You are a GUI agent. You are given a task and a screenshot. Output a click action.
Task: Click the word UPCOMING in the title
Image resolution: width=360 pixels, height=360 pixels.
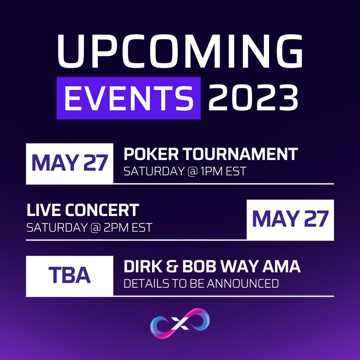180,51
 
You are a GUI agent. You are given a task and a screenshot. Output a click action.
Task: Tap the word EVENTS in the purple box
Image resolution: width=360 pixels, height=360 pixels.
129,98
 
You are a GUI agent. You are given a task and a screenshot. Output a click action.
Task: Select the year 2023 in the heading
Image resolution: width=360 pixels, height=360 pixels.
253,97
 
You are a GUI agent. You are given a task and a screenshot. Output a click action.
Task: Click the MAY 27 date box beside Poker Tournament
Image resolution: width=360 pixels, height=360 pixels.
69,164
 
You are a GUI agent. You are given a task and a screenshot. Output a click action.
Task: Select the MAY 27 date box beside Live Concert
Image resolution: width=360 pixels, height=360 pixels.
290,220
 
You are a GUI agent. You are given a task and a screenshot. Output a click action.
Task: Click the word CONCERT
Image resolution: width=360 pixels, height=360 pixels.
102,210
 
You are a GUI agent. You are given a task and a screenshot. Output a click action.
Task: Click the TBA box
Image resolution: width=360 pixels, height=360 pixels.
69,276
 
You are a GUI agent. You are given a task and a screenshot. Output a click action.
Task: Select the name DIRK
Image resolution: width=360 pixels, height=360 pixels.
143,266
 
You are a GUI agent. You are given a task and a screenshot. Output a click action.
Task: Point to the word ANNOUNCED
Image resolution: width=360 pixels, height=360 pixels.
243,284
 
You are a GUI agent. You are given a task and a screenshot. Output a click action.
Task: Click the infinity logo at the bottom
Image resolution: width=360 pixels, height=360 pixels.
180,323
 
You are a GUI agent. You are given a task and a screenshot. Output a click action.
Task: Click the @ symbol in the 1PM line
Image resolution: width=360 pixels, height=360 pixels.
192,171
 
